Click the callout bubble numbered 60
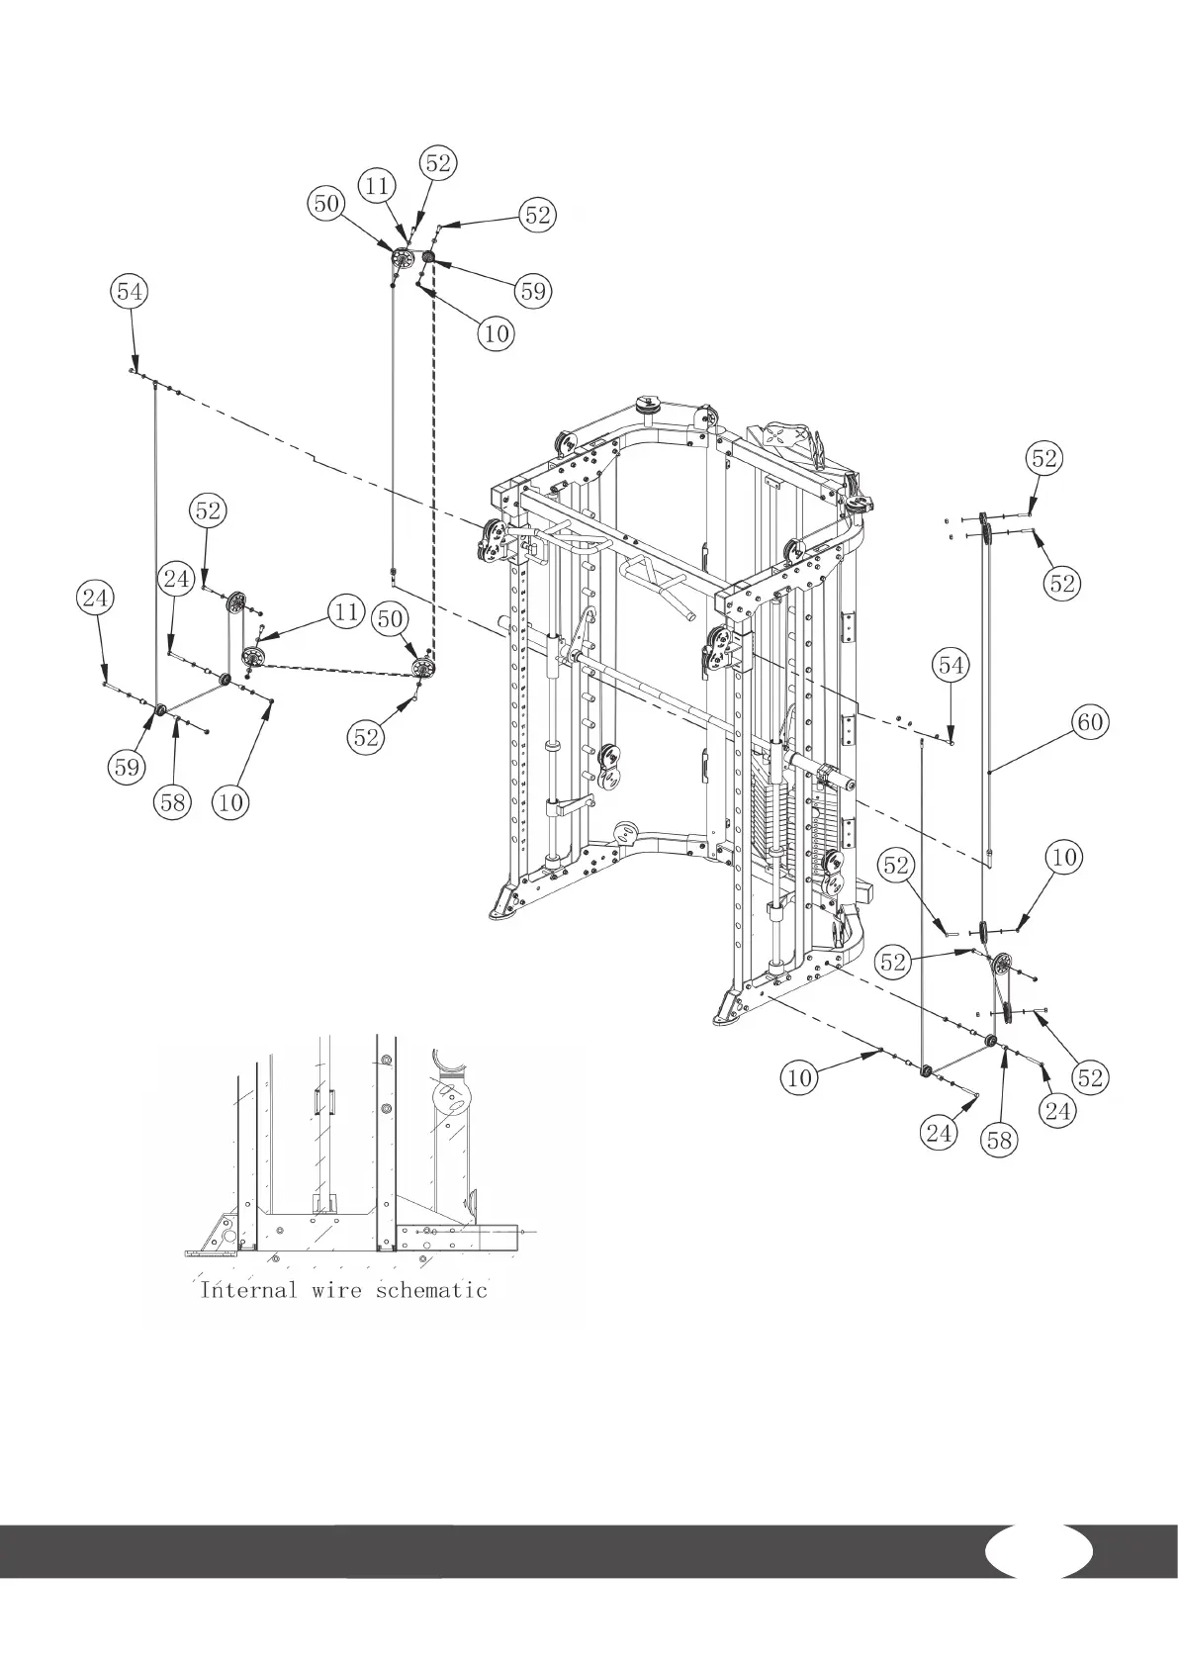(x=1089, y=723)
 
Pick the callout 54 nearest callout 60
(x=951, y=666)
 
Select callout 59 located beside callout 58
(x=128, y=766)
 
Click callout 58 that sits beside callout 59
(x=173, y=801)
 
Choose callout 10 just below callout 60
(x=1064, y=857)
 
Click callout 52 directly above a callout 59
(x=537, y=215)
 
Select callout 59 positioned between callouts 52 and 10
(x=533, y=291)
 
